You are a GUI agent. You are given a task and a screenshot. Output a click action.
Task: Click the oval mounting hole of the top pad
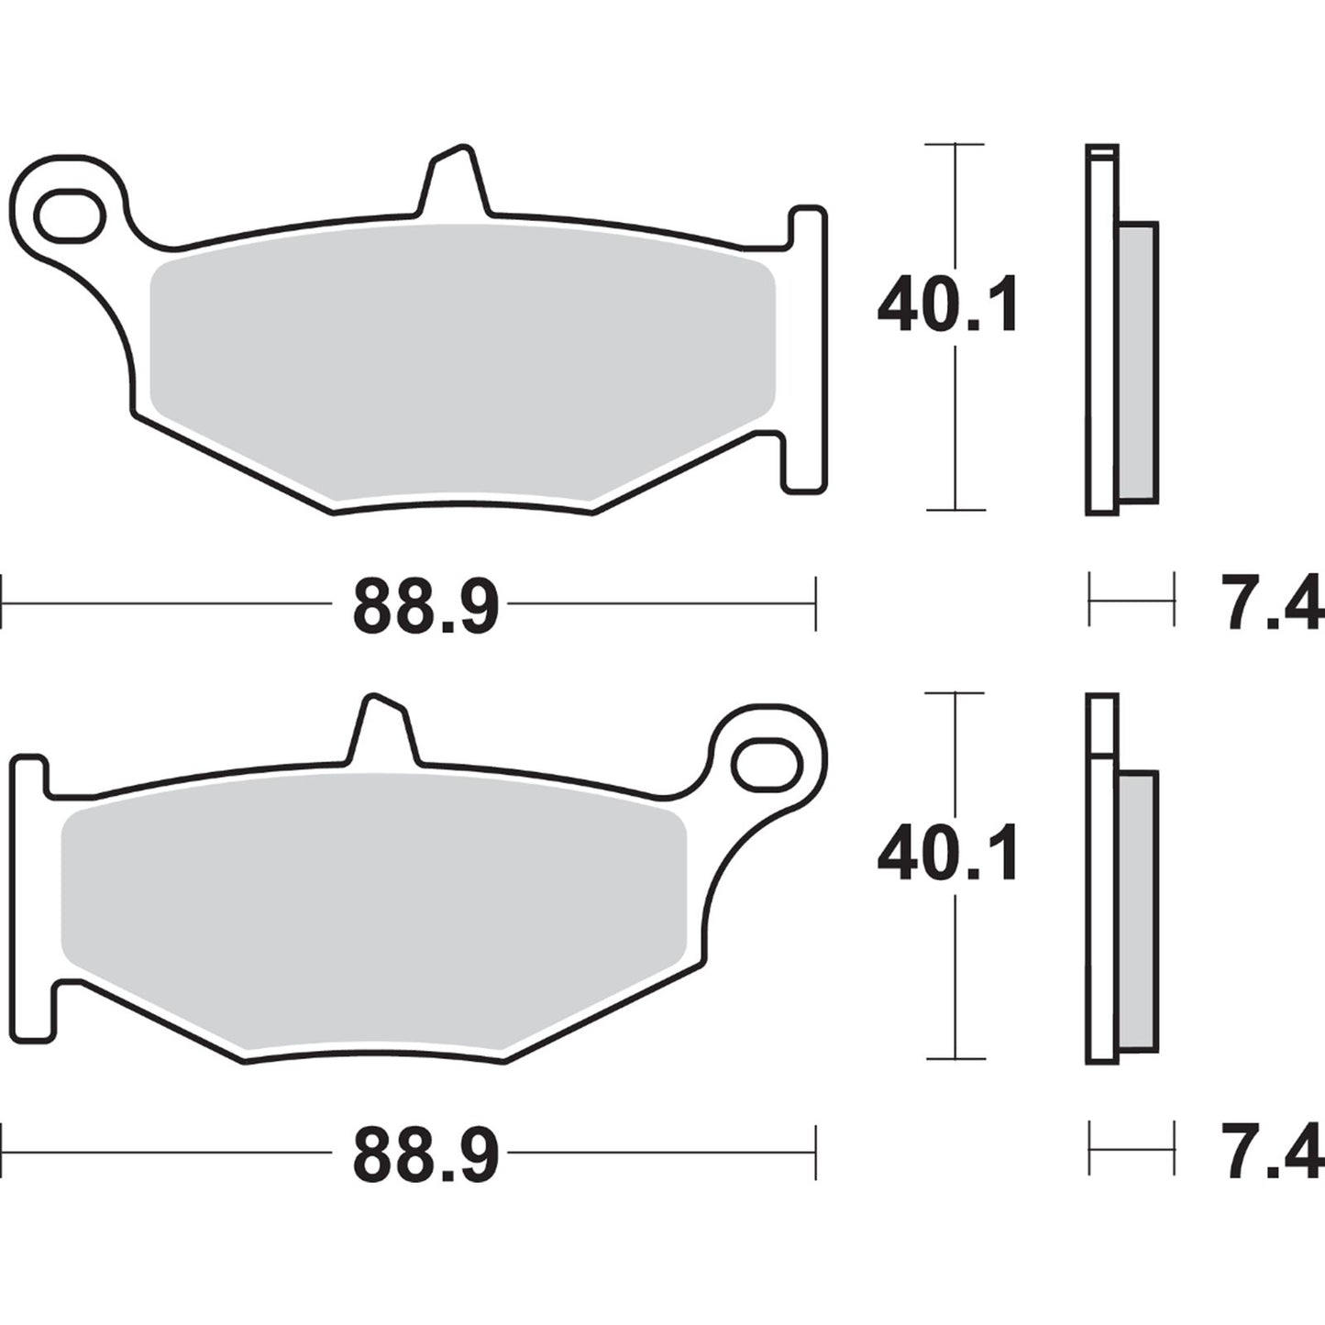coord(69,215)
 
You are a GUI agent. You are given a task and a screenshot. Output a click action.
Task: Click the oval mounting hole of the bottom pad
coord(767,764)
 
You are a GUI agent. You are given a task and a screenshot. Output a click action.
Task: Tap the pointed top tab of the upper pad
coord(454,183)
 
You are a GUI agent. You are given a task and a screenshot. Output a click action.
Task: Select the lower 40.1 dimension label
coord(947,855)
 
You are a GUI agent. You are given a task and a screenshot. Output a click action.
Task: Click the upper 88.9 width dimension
coord(425,606)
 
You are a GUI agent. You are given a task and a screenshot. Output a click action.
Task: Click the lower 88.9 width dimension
coord(425,1154)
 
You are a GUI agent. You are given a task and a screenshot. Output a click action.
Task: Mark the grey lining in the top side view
coord(1139,362)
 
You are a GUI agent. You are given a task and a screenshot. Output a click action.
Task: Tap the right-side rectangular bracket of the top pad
coord(808,348)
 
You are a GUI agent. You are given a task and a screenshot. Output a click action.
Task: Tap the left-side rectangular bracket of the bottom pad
coord(30,899)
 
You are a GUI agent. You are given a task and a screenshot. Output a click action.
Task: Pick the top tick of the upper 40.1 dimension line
coord(955,145)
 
